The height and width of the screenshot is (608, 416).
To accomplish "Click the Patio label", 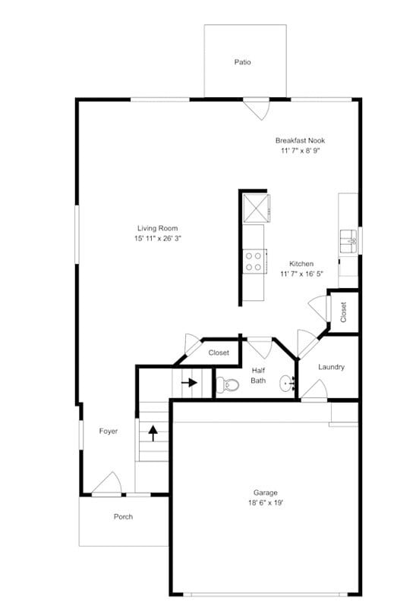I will tap(242, 62).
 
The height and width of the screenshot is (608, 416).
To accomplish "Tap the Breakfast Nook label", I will tap(304, 140).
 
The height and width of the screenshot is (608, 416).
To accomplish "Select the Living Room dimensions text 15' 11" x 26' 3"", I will tap(158, 238).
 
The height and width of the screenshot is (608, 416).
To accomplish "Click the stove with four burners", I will tap(254, 262).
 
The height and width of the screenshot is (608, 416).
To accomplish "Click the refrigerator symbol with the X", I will tap(254, 206).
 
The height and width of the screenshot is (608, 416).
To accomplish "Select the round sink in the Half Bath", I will tap(287, 383).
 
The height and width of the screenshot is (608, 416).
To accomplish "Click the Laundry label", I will tap(331, 367).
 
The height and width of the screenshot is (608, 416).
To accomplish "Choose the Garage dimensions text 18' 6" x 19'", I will tap(265, 502).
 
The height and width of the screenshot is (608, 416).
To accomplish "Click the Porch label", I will tap(123, 517).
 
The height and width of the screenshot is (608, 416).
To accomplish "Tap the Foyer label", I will tap(108, 431).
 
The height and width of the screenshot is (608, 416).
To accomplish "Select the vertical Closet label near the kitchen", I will tap(343, 312).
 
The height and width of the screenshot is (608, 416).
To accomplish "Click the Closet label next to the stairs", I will tap(219, 353).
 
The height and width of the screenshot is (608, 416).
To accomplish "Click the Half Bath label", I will tap(258, 375).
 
